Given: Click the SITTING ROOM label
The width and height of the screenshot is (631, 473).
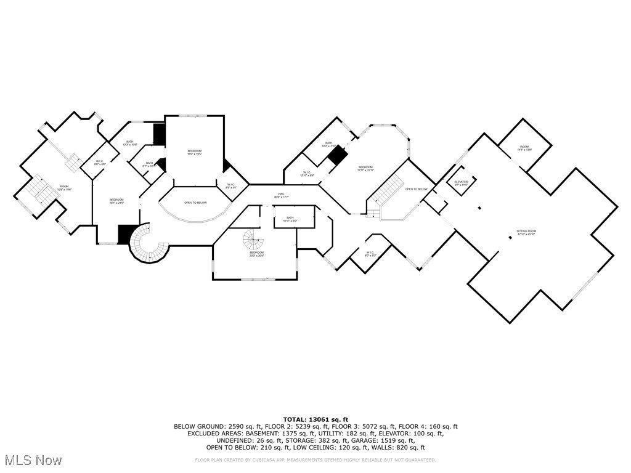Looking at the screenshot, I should click(x=526, y=233).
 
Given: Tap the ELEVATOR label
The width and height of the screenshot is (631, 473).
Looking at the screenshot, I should click(x=461, y=183).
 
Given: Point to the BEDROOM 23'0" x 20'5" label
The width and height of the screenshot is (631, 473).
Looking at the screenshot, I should click(x=256, y=254).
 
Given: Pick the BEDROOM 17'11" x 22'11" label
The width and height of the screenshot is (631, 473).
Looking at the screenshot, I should click(x=365, y=168).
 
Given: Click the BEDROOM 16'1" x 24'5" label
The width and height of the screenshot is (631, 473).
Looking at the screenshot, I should click(x=116, y=201).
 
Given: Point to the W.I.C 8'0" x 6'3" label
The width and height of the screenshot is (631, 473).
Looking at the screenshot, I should click(x=370, y=254).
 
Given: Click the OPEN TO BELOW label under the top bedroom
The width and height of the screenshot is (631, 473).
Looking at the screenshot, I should click(x=195, y=203).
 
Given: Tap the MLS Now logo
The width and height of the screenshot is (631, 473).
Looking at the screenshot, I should click(x=32, y=460).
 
